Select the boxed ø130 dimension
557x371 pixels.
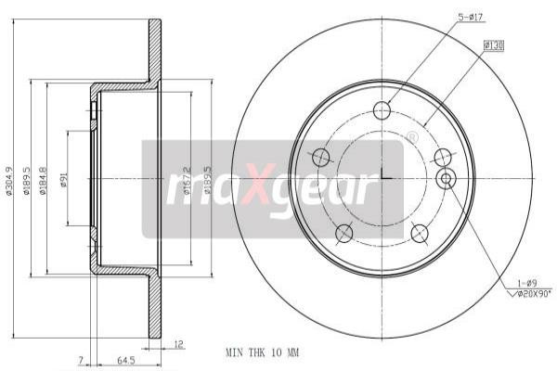click(493, 44)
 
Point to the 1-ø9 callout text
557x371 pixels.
click(526, 283)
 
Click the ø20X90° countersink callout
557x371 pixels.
click(530, 294)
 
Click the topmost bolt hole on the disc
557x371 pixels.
click(382, 110)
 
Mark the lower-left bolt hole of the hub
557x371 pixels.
click(343, 232)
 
